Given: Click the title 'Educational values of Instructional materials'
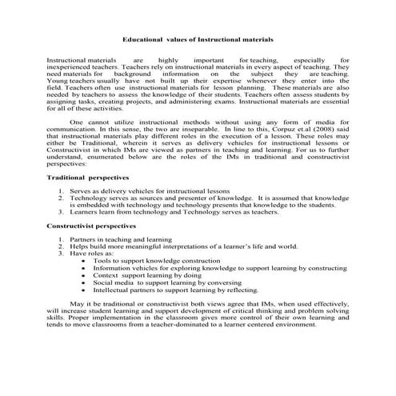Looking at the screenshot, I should (197, 38).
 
